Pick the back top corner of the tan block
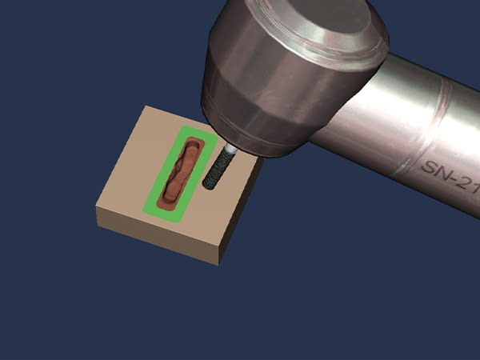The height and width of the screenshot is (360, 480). (x=145, y=106)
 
